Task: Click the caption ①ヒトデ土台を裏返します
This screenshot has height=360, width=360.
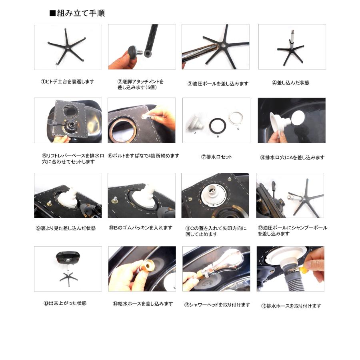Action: tap(67, 82)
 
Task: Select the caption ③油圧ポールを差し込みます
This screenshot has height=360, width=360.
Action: tap(218, 84)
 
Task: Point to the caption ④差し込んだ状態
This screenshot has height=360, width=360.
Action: tap(290, 83)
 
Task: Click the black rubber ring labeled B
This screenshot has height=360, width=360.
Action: tap(218, 126)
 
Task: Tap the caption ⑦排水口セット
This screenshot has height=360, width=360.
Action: tap(216, 157)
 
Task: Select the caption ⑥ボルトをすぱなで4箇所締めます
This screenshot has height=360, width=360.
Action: tap(144, 156)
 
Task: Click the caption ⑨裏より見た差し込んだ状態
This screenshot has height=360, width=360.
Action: tap(66, 229)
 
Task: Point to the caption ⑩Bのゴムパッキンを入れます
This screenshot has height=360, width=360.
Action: tap(140, 228)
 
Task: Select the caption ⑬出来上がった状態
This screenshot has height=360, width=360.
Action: tap(65, 303)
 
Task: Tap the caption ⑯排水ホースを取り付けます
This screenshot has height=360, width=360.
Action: tap(291, 306)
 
